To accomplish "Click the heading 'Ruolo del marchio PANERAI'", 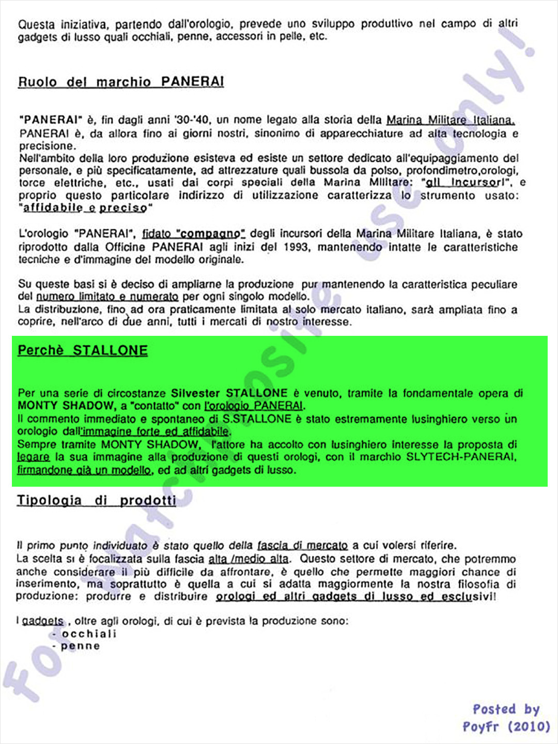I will click(121, 82).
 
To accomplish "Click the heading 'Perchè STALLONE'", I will click(83, 350).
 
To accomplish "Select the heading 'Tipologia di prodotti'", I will click(96, 500).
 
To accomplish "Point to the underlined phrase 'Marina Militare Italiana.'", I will click(451, 120).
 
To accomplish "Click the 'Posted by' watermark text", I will click(506, 709).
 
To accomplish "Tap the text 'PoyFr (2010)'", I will click(506, 726).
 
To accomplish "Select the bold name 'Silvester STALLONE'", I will click(229, 393).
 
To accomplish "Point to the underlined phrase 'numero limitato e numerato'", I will click(107, 297).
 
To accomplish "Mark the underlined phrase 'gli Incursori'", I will click(464, 183).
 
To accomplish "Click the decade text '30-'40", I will click(192, 120).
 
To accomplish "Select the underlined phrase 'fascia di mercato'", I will click(302, 546).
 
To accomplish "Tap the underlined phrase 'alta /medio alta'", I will click(249, 559).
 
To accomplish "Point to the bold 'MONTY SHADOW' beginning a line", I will click(66, 406).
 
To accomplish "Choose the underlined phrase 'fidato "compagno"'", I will click(193, 234).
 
